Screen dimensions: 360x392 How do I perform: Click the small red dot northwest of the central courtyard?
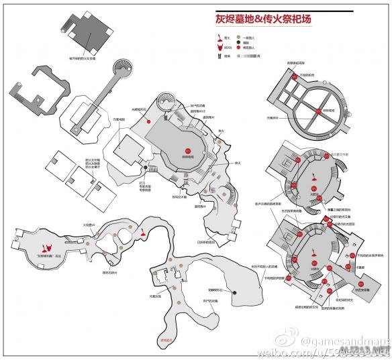[x=148, y=121]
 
